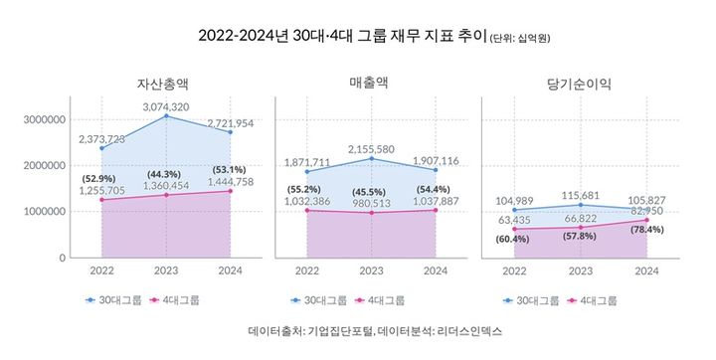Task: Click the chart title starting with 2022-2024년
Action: (x=343, y=36)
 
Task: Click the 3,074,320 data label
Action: (x=166, y=105)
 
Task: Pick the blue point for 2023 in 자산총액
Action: (x=166, y=116)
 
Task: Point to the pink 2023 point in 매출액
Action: (x=371, y=213)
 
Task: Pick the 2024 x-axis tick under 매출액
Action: (x=436, y=270)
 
